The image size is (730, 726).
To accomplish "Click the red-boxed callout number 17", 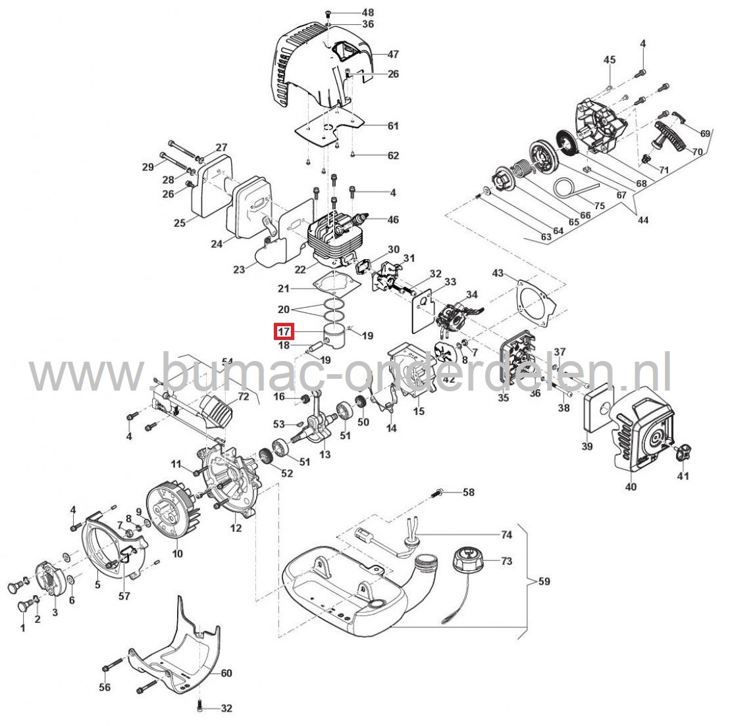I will pos(284,332).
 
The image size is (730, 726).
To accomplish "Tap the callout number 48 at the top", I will pos(367,12).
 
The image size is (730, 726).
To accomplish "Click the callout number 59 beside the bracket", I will pos(544,581).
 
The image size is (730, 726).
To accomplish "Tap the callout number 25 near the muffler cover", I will pos(180,223).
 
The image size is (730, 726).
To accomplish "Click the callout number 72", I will pos(244,397).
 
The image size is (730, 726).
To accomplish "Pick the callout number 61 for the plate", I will pos(393,126).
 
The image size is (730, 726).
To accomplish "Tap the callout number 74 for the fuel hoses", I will pos(506,535).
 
